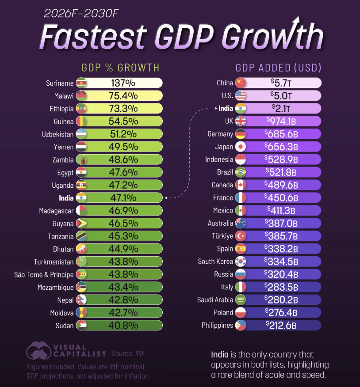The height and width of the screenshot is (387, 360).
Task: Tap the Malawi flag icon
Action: tap(82, 96)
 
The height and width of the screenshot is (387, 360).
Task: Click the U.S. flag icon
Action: tap(240, 95)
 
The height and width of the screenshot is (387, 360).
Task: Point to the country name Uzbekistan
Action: tap(54, 134)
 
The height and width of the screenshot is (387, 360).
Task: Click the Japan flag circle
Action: tap(240, 147)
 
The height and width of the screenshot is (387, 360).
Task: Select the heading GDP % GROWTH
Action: tap(120, 68)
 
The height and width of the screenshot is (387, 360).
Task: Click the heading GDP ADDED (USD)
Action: tap(278, 68)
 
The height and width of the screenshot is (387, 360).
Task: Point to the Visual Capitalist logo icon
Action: tap(38, 350)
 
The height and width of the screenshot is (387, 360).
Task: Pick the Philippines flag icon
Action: tap(240, 326)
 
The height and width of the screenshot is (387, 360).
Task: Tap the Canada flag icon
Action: tap(240, 185)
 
